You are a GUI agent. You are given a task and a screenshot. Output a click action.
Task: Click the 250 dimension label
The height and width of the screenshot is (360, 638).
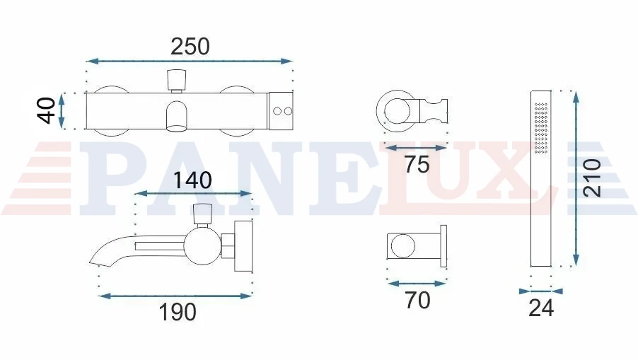point(190,47)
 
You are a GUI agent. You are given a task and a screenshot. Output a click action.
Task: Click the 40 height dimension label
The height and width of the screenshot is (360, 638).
point(47,110)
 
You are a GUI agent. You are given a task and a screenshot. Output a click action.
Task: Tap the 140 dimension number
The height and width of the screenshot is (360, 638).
point(192,180)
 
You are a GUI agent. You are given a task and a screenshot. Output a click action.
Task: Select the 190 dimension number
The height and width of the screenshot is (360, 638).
point(178,313)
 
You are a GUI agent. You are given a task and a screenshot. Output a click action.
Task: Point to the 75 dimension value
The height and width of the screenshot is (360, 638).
point(417,164)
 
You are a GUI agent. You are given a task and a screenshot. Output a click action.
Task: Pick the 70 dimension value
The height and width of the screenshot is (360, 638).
point(417,301)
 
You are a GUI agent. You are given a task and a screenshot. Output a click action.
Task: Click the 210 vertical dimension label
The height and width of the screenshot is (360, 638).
point(593,178)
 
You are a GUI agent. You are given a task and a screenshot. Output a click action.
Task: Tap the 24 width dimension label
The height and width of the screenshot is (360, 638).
point(541,308)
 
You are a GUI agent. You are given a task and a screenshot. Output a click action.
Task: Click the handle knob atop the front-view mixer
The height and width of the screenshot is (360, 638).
point(177,81)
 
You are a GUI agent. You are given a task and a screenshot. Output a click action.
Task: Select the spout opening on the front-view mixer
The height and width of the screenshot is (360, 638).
point(177,129)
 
